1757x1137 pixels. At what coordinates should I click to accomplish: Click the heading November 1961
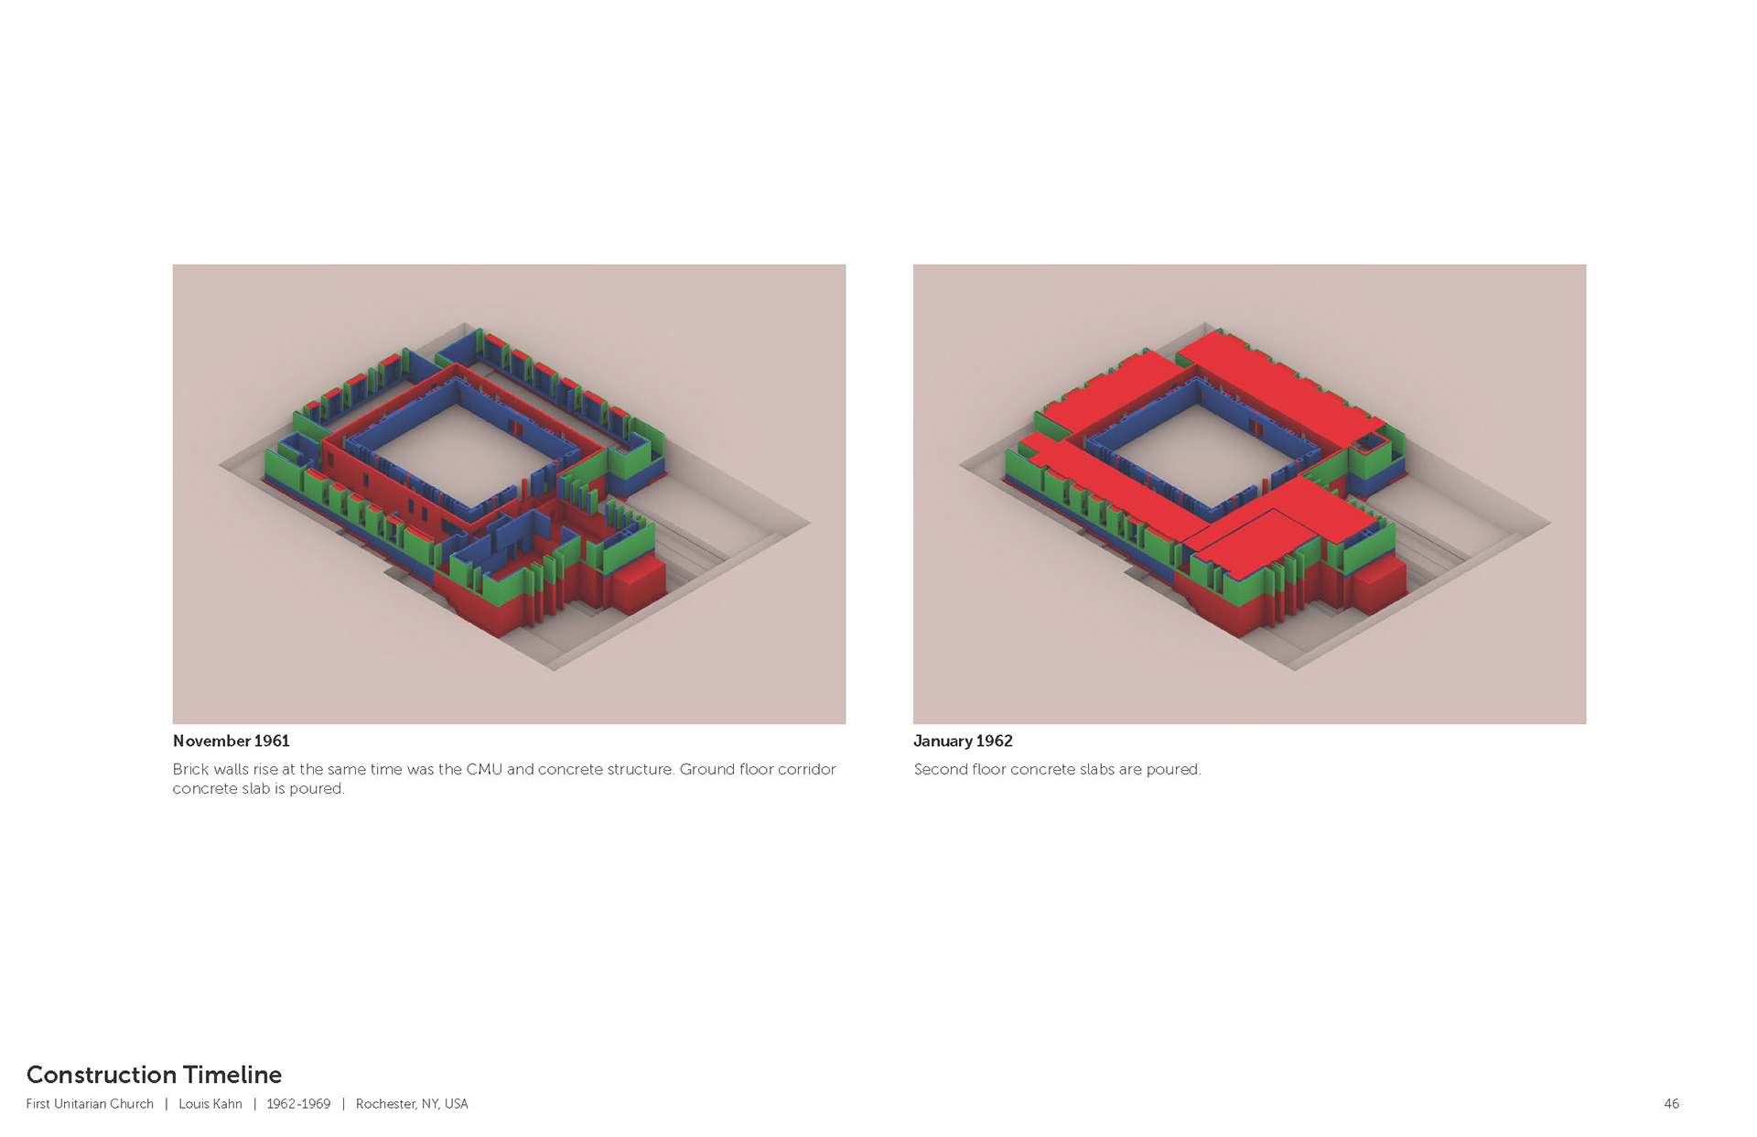pyautogui.click(x=231, y=741)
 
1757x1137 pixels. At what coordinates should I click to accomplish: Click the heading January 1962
pyautogui.click(x=963, y=741)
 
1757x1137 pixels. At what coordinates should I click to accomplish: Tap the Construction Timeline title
pyautogui.click(x=154, y=1074)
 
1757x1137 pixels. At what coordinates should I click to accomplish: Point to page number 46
pyautogui.click(x=1671, y=1104)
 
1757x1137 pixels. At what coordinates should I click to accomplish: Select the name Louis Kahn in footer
pyautogui.click(x=210, y=1104)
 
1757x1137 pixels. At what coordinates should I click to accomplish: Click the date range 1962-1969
pyautogui.click(x=298, y=1104)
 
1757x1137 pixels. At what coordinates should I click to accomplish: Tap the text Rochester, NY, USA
pyautogui.click(x=412, y=1104)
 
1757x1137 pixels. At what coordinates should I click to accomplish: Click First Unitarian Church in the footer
pyautogui.click(x=90, y=1104)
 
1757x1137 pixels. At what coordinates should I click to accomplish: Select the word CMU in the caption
pyautogui.click(x=484, y=769)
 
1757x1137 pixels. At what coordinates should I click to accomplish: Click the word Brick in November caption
pyautogui.click(x=190, y=769)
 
